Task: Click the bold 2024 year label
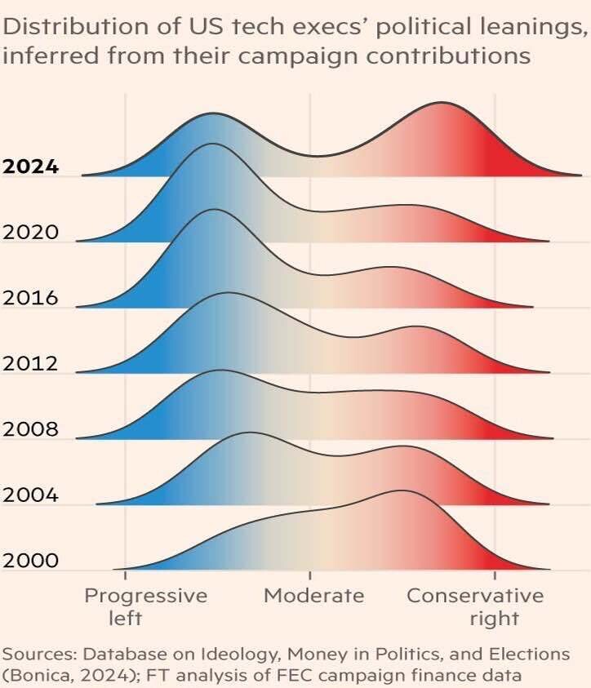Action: pos(30,166)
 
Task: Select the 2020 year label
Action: pos(30,233)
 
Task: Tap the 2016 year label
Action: pos(30,298)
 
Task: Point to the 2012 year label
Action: pos(30,364)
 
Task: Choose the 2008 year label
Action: pos(30,429)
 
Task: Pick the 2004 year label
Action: pos(30,495)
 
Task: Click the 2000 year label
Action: pos(30,561)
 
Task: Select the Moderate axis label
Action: pos(313,596)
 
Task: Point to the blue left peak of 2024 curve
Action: pos(213,113)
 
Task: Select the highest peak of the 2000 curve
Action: pos(401,490)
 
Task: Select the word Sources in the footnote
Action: pos(32,655)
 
